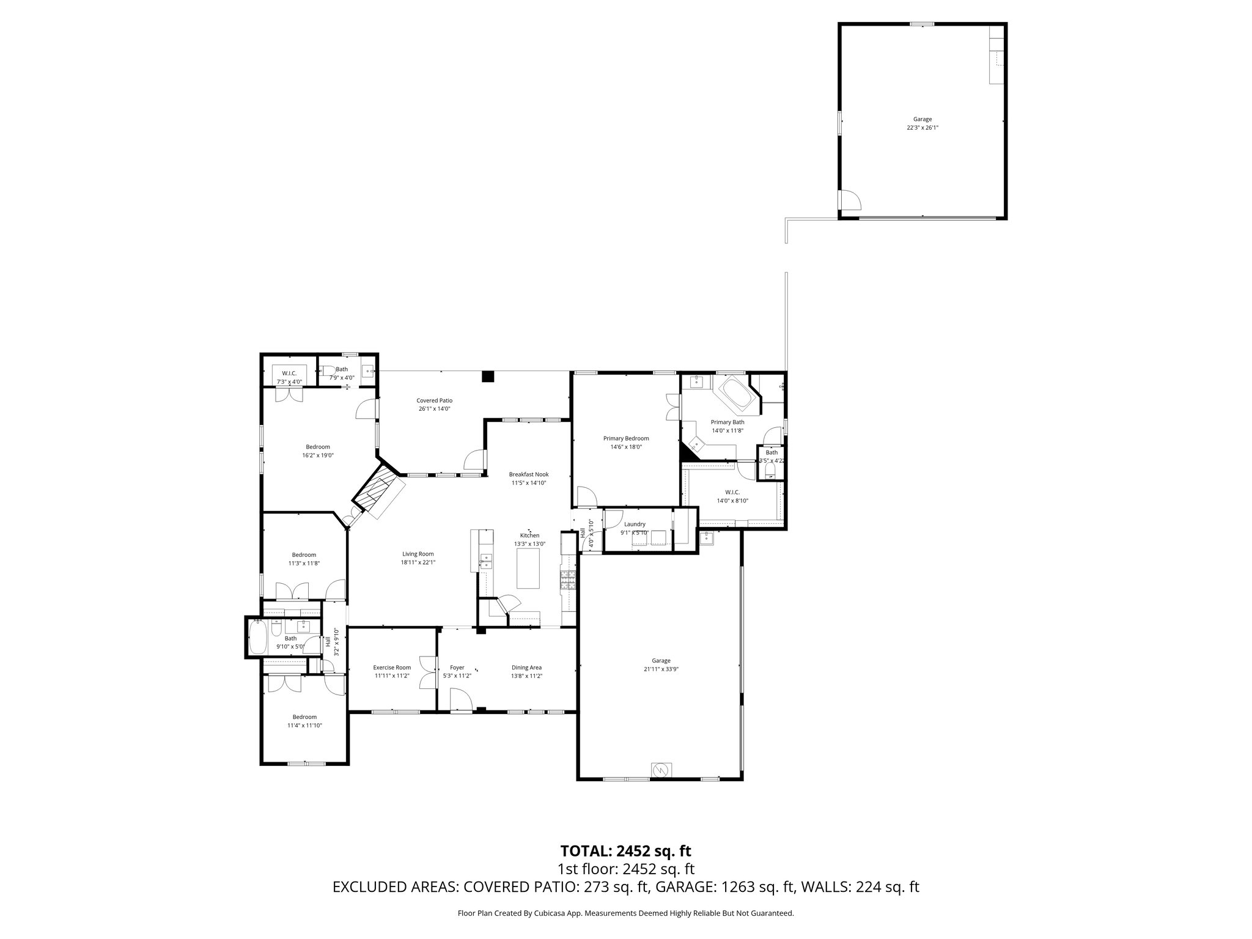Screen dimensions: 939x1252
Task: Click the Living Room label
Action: coord(418,554)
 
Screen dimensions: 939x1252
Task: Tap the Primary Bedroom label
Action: coord(625,438)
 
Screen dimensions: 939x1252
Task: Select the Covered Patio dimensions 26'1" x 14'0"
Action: coord(435,409)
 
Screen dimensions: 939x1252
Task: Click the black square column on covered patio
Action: coord(487,377)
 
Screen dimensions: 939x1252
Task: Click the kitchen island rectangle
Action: coord(529,568)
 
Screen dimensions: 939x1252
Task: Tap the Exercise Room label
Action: coord(392,667)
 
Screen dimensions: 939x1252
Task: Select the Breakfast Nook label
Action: coord(529,474)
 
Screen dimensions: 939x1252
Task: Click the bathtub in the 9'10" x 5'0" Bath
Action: coord(257,636)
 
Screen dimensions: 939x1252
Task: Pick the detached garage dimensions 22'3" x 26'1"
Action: coord(922,128)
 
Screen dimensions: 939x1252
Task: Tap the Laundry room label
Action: coord(635,524)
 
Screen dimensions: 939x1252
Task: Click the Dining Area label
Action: coord(526,668)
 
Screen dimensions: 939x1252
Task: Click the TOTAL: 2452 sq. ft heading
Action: coord(625,850)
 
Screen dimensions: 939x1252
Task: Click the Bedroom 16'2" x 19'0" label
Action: coord(318,447)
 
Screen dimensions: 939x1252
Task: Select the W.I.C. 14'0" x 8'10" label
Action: coord(732,492)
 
